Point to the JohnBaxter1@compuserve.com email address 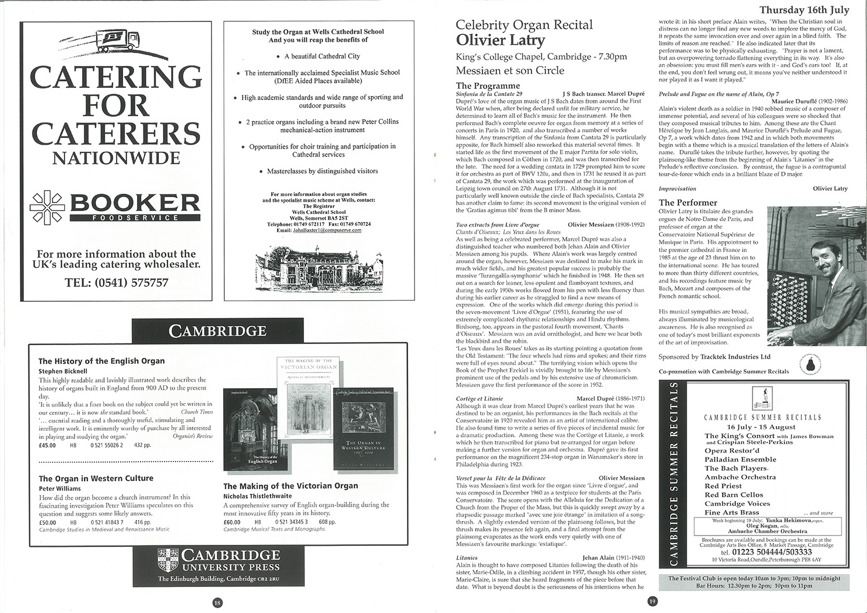click(x=327, y=230)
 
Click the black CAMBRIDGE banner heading click(x=217, y=331)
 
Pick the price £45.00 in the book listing click(x=47, y=445)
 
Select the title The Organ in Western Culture click(x=96, y=478)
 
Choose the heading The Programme click(x=488, y=86)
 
